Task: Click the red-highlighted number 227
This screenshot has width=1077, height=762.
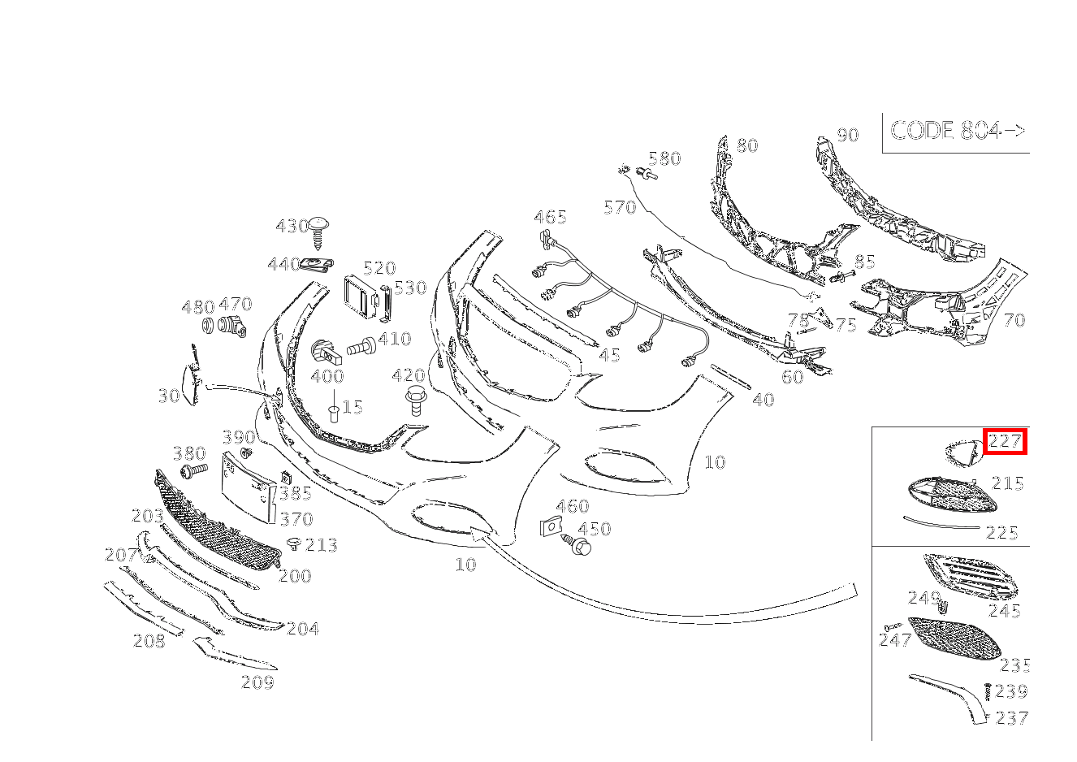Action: click(x=1005, y=442)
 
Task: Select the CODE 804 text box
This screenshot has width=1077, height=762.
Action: click(x=957, y=131)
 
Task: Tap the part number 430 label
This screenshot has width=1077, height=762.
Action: click(x=292, y=226)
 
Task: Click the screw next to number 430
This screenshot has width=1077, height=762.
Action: click(x=318, y=231)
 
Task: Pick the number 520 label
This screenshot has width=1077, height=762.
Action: click(x=378, y=268)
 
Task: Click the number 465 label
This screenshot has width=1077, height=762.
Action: click(x=550, y=217)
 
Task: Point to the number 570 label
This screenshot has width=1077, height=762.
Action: click(x=620, y=208)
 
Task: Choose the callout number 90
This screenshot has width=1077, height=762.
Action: click(x=847, y=135)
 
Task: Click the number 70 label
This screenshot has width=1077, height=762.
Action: click(x=1014, y=320)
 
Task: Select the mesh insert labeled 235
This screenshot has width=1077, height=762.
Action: click(x=955, y=639)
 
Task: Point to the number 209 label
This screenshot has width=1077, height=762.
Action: click(x=257, y=682)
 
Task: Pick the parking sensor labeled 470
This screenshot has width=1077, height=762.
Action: click(x=232, y=327)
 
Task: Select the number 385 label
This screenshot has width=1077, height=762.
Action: click(x=295, y=493)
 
